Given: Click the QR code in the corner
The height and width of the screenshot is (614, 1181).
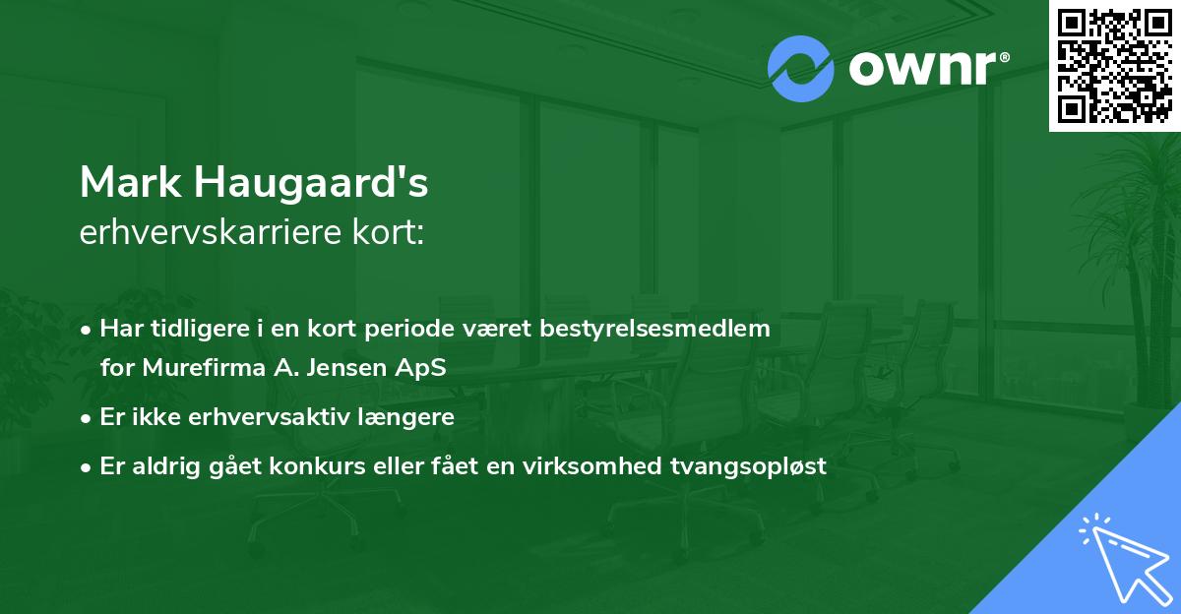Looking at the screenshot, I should pos(1115,66).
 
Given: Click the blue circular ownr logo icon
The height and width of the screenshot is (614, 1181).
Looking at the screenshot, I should pos(800,68).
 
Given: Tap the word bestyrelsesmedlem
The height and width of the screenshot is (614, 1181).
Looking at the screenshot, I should pos(654,329).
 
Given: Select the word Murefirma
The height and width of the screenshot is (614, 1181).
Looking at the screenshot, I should pos(187,368).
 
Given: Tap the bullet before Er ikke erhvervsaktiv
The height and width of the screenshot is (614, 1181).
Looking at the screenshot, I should pos(88,417).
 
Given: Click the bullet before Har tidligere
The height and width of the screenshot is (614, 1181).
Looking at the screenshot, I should pos(88,330).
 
